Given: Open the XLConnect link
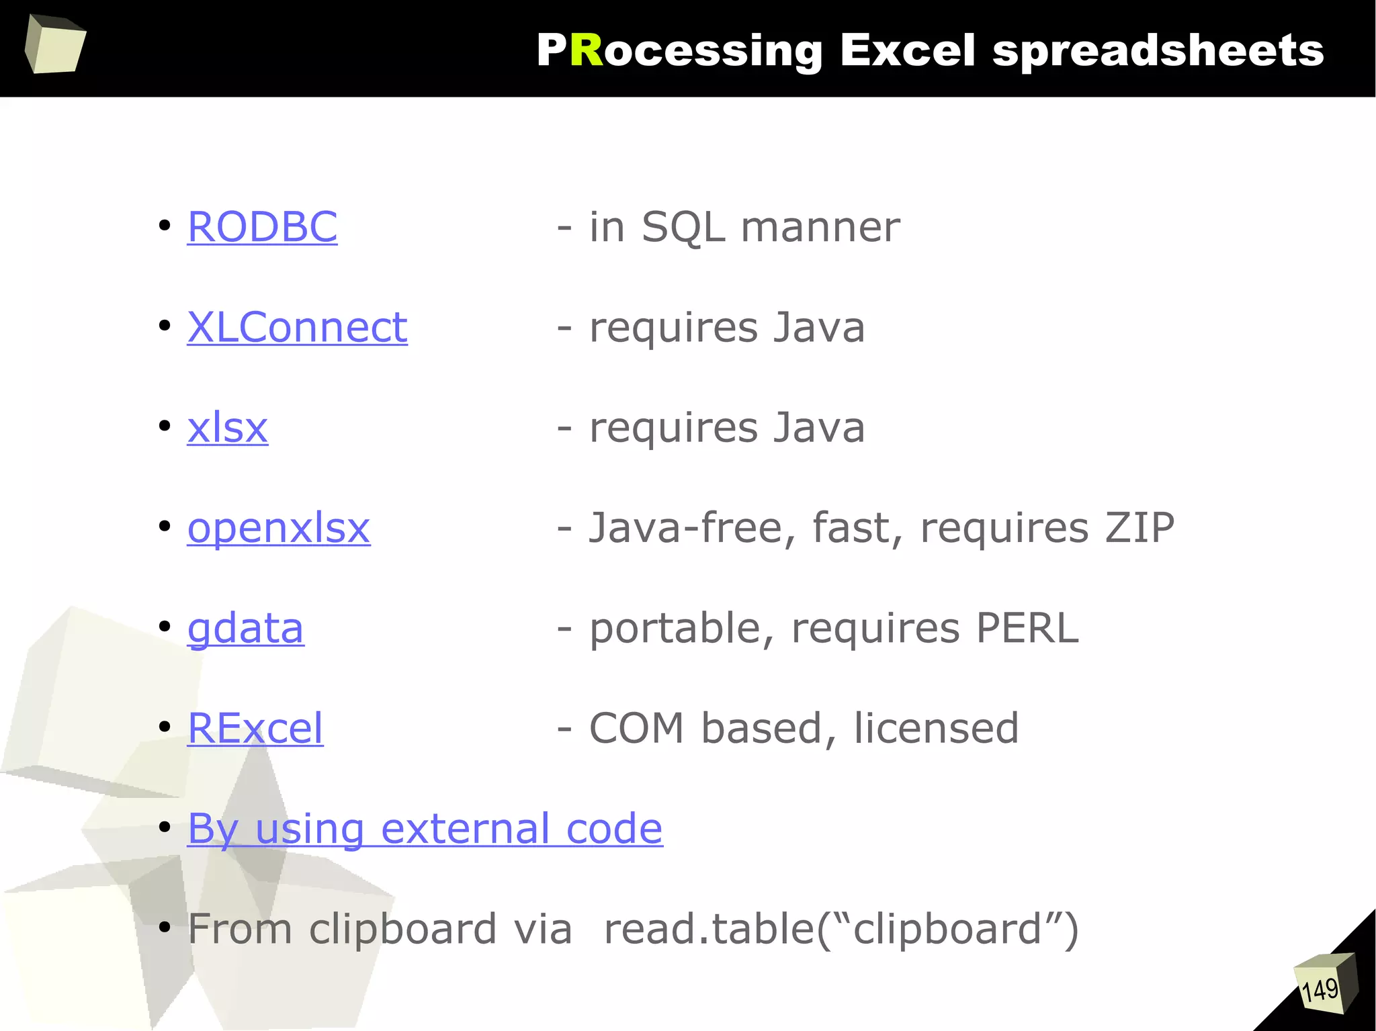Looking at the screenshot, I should click(297, 327).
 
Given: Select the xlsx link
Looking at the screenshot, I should click(227, 428).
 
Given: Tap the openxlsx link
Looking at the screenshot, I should click(278, 528).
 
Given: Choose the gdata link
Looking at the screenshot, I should click(245, 629).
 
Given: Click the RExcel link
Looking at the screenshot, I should click(255, 728).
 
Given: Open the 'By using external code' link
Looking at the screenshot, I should click(425, 828).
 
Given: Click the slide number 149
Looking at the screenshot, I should click(1320, 989).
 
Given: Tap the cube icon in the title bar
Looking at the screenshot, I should click(55, 44).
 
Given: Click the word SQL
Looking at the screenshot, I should click(683, 227).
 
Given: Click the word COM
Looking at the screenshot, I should click(636, 728).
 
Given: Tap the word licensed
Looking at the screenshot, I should click(936, 728).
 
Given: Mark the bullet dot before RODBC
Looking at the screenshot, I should click(164, 226).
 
